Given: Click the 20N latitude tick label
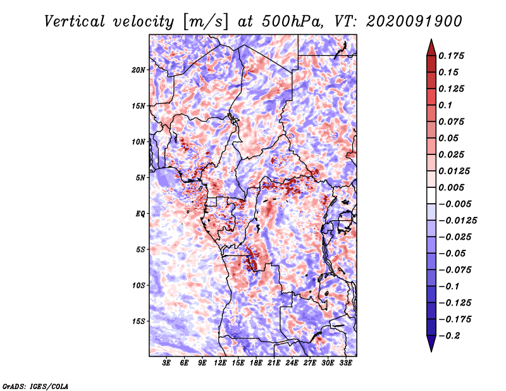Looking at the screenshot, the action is click(139, 70).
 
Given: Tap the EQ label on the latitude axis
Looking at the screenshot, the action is click(140, 214).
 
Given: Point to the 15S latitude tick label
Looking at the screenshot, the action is click(139, 321).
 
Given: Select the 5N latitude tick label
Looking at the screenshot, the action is click(140, 178).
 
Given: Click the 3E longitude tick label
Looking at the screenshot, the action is click(166, 363).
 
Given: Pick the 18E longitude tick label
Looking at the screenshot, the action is click(256, 363).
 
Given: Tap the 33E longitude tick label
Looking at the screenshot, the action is click(345, 363).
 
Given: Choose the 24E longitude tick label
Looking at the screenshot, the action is click(292, 363).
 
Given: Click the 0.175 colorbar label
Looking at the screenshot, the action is click(451, 56).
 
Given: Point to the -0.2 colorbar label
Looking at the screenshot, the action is click(449, 336).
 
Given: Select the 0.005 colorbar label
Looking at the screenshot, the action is click(451, 187).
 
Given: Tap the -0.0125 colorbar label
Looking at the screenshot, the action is click(457, 221).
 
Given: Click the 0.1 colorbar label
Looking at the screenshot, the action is click(445, 105).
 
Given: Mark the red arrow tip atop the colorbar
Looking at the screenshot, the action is click(431, 39).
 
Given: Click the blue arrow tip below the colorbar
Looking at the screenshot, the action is click(431, 351).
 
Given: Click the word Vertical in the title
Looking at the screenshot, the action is click(74, 22).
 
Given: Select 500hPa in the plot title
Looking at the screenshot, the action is click(292, 22).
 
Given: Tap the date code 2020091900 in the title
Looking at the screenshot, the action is click(414, 22).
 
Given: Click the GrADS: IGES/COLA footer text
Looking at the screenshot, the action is click(35, 387).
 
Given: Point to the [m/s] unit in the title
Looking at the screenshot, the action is click(206, 22).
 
